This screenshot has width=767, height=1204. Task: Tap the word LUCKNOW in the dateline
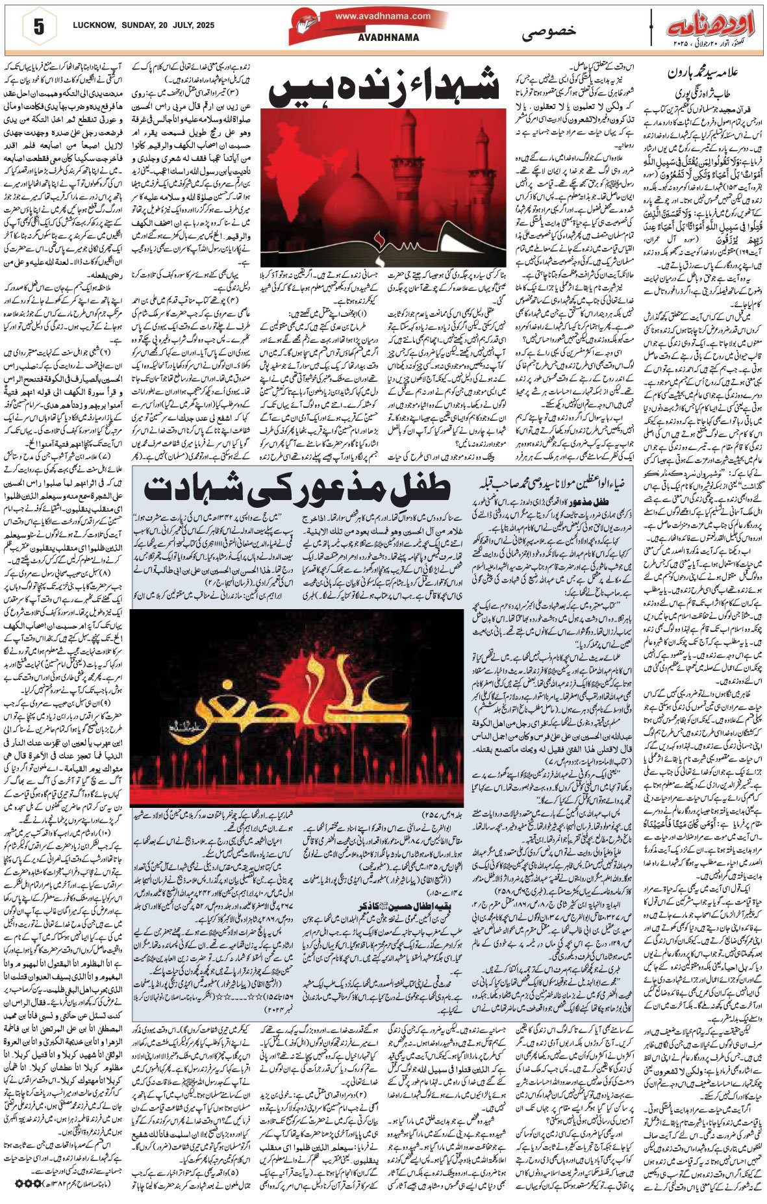point(95,25)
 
